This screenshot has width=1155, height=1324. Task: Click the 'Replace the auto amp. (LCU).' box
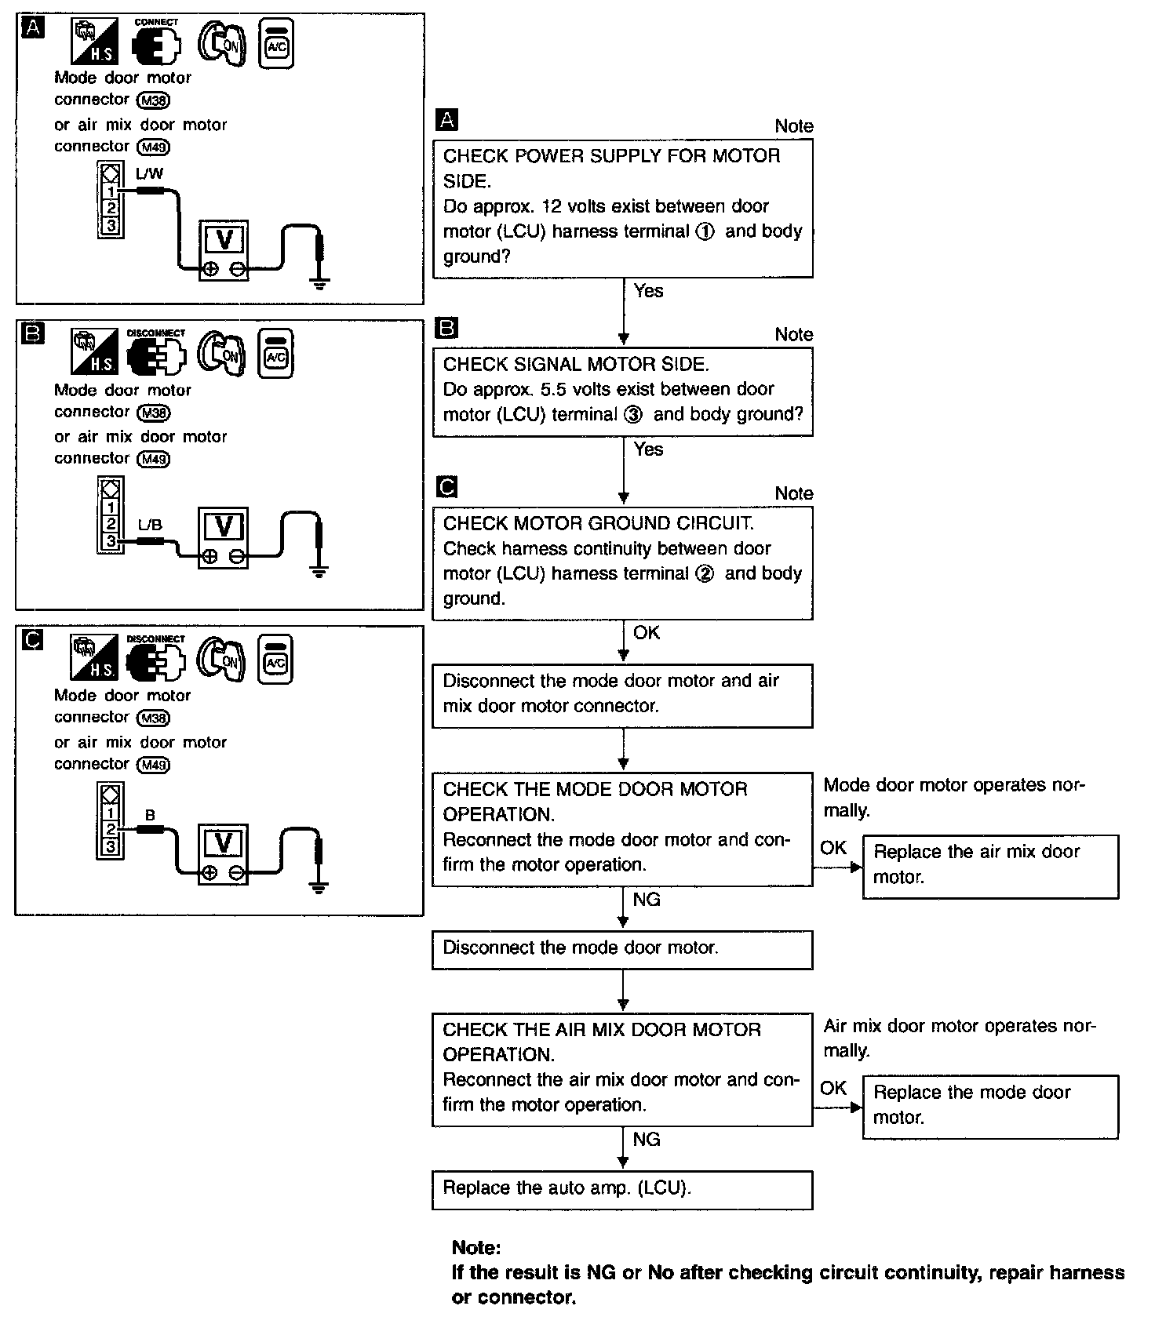coord(621,1189)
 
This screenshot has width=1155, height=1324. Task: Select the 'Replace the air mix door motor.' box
coord(990,866)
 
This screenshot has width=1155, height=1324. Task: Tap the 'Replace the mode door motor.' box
coord(990,1106)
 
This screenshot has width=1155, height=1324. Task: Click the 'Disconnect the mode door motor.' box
coord(621,949)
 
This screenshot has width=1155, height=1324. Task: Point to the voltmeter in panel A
coord(224,249)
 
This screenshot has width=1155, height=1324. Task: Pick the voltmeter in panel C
coord(224,853)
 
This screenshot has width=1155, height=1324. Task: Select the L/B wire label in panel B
coord(150,525)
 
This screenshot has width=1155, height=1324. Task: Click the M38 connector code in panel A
coord(154,100)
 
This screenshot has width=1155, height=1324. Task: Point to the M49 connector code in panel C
coord(154,765)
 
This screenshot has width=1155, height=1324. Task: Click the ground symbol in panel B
coord(318,571)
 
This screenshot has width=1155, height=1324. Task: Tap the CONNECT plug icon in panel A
coord(155,45)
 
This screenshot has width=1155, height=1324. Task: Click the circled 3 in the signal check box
coord(633,415)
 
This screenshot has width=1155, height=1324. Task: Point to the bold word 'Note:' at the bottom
coord(476,1248)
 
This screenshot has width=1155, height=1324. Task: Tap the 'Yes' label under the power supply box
coord(648,291)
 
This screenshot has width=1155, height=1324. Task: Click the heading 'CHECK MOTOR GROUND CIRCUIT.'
coord(598,523)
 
